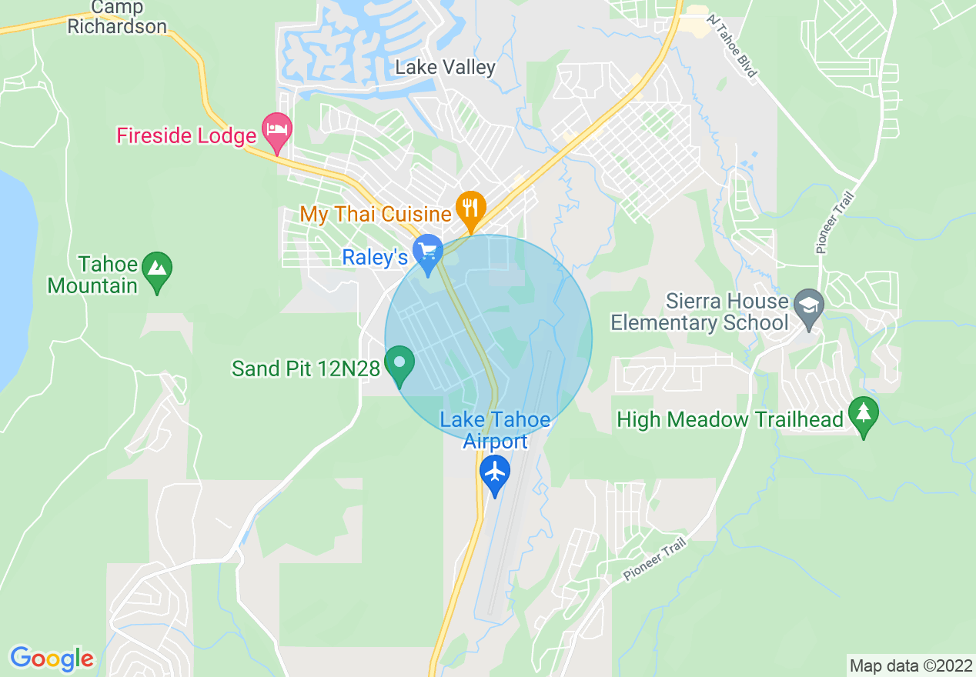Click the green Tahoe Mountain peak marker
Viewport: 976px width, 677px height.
[x=158, y=269]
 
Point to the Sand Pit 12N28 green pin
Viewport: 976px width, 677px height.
[x=399, y=363]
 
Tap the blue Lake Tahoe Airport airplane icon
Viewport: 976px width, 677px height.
[x=495, y=470]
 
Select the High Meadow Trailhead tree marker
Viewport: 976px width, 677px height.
[x=863, y=415]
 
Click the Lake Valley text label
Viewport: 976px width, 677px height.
[x=445, y=68]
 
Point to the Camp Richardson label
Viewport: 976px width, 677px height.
[x=117, y=17]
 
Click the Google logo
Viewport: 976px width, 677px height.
[x=52, y=659]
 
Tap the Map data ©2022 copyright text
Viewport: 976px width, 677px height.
[x=910, y=665]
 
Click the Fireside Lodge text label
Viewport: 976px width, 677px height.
[x=186, y=136]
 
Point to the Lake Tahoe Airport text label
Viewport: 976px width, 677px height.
[x=495, y=430]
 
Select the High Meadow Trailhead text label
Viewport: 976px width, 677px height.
[x=730, y=419]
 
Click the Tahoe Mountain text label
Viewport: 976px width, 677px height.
[x=92, y=275]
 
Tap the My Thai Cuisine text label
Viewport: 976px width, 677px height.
[x=376, y=214]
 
